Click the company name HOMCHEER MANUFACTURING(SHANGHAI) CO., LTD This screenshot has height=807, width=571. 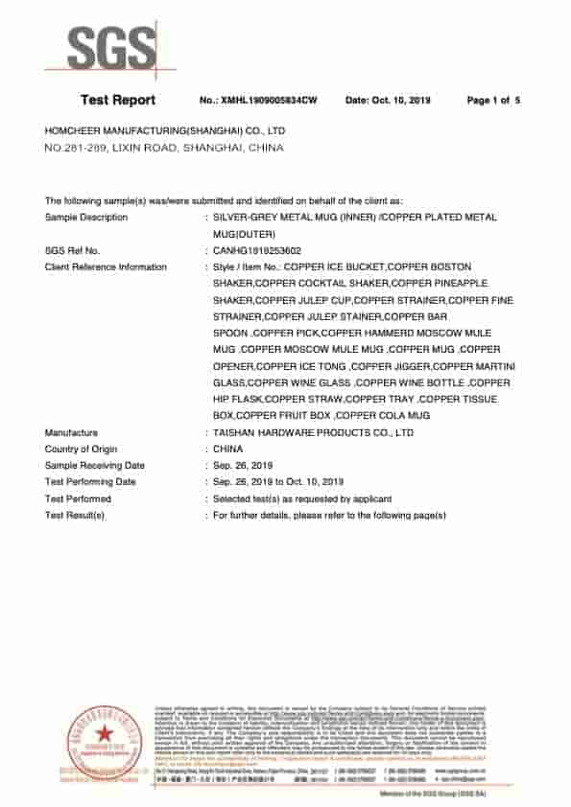[165, 130]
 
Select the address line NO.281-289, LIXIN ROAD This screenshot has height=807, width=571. [164, 149]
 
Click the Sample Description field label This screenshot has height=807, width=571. [86, 218]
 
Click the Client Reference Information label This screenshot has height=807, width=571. [106, 266]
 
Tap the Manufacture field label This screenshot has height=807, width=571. [71, 433]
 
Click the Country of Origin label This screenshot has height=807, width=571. [82, 450]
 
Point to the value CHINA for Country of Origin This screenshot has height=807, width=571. [228, 450]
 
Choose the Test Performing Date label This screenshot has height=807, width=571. [90, 482]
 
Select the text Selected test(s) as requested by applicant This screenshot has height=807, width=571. [302, 498]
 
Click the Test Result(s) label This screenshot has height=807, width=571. [75, 516]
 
